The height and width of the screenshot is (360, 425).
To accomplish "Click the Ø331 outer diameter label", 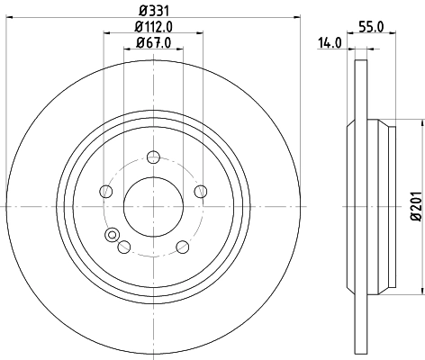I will pyautogui.click(x=152, y=10).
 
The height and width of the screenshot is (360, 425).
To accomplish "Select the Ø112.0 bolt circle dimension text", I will pyautogui.click(x=152, y=27).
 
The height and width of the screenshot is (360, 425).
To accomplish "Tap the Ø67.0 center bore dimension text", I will pyautogui.click(x=152, y=43).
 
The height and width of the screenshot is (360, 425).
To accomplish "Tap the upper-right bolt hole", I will pyautogui.click(x=200, y=190).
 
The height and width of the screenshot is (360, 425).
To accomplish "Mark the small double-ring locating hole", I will pyautogui.click(x=112, y=237).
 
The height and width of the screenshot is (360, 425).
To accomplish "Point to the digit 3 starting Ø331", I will pyautogui.click(x=146, y=10).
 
